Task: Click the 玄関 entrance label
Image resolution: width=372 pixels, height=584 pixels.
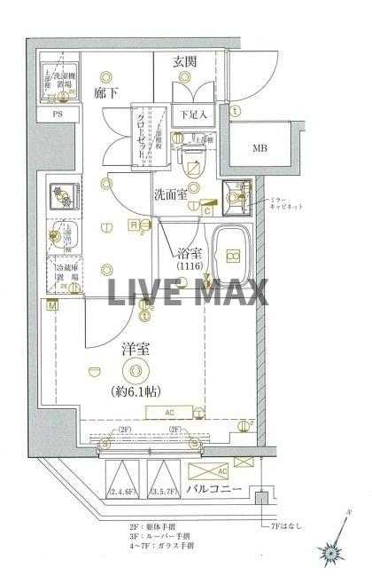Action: point(184,61)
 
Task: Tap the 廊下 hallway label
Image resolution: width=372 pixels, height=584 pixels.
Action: point(108,91)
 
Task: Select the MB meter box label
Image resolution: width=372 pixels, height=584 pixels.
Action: point(260,148)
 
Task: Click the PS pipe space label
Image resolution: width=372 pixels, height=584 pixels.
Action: point(58,114)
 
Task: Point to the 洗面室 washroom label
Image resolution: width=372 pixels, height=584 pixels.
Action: point(170,194)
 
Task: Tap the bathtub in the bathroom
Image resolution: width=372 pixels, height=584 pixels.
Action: point(234,256)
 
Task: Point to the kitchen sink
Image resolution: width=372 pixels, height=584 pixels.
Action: point(61,237)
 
